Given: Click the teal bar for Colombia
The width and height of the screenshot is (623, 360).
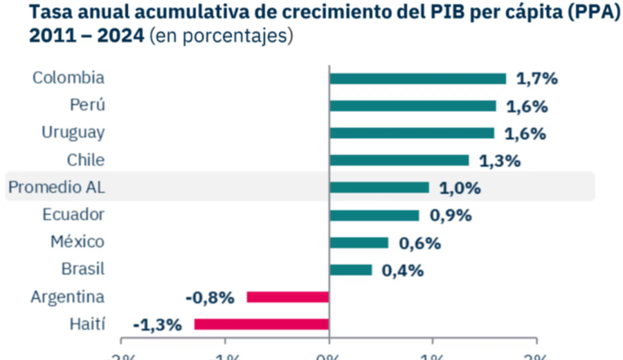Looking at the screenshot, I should point(417,78).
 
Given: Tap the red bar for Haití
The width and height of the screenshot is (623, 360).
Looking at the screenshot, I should point(261,324).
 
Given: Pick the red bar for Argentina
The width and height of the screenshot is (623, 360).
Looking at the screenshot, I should point(287,297).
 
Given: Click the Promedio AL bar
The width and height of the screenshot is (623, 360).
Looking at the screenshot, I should point(379,188).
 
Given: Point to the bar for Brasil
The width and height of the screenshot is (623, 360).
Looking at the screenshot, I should point(350,270).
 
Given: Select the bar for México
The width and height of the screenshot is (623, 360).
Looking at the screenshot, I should point(359,242).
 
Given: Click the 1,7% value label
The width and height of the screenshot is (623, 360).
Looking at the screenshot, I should point(537,78).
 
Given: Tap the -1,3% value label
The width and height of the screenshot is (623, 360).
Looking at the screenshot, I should point(157,324).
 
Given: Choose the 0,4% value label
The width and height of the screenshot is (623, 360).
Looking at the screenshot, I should point(402,270).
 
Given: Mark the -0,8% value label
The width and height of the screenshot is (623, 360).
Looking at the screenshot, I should point(210,298).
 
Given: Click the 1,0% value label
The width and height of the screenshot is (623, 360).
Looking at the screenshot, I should point(460,188).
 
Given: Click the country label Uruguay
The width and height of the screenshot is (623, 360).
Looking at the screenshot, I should point(73,132).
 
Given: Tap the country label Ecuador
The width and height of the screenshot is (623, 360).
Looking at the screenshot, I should point(73,215).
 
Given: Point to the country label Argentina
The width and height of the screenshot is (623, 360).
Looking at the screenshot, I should point(67,297).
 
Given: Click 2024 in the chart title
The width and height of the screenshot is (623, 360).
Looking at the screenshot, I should point(120,35).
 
